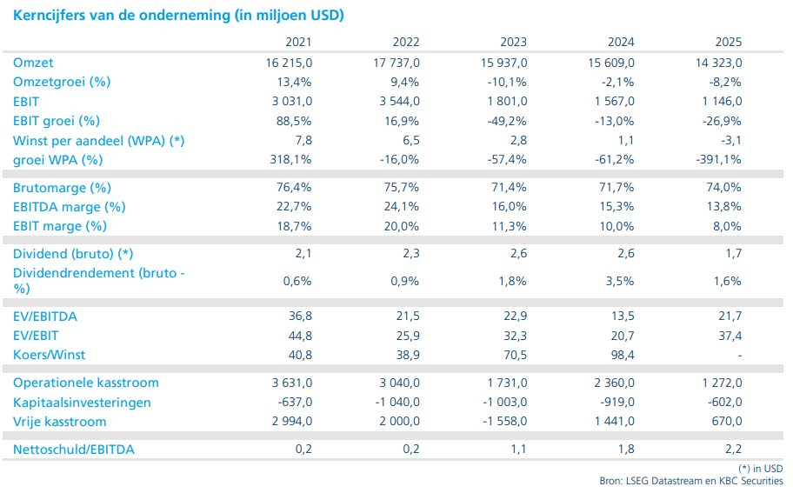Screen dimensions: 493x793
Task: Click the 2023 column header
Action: coord(513,42)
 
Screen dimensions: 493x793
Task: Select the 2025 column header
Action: coord(730,42)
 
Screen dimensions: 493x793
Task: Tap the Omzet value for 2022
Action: coord(395,63)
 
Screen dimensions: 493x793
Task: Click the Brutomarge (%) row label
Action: coord(62,188)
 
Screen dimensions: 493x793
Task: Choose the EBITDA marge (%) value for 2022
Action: coord(402,207)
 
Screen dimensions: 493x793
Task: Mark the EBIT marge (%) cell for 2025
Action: coord(727,226)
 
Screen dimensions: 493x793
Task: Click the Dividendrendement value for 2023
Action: coord(512,281)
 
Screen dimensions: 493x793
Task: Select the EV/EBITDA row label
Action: coord(45,316)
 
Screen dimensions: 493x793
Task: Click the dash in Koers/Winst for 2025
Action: coord(739,355)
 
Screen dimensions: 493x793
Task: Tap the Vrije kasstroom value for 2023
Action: coord(502,422)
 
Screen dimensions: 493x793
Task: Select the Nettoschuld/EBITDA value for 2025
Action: coord(732,450)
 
